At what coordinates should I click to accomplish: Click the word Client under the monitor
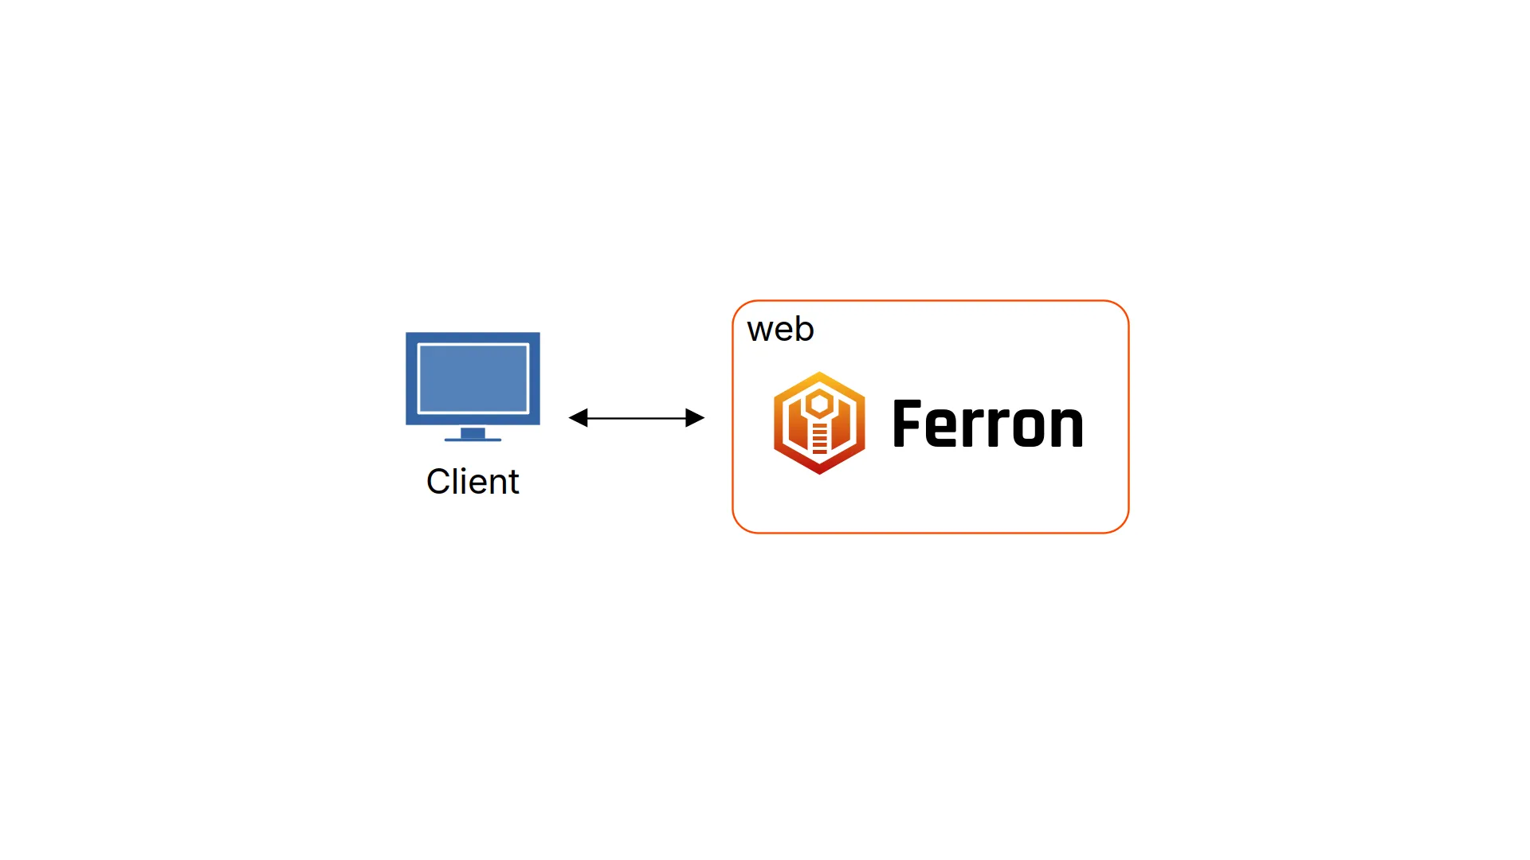473,482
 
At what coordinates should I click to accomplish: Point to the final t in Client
513,483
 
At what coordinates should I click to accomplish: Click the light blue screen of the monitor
473,378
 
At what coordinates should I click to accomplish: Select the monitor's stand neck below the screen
473,432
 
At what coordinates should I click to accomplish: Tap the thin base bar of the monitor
473,440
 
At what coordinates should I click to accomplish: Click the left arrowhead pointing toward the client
579,417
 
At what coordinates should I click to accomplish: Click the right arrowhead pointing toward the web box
695,417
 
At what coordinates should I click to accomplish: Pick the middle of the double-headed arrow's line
637,417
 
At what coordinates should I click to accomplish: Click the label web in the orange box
780,329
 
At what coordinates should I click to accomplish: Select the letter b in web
804,328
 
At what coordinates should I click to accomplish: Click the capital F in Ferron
907,424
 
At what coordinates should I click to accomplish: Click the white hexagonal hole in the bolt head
819,405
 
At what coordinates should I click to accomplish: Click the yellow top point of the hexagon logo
819,376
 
